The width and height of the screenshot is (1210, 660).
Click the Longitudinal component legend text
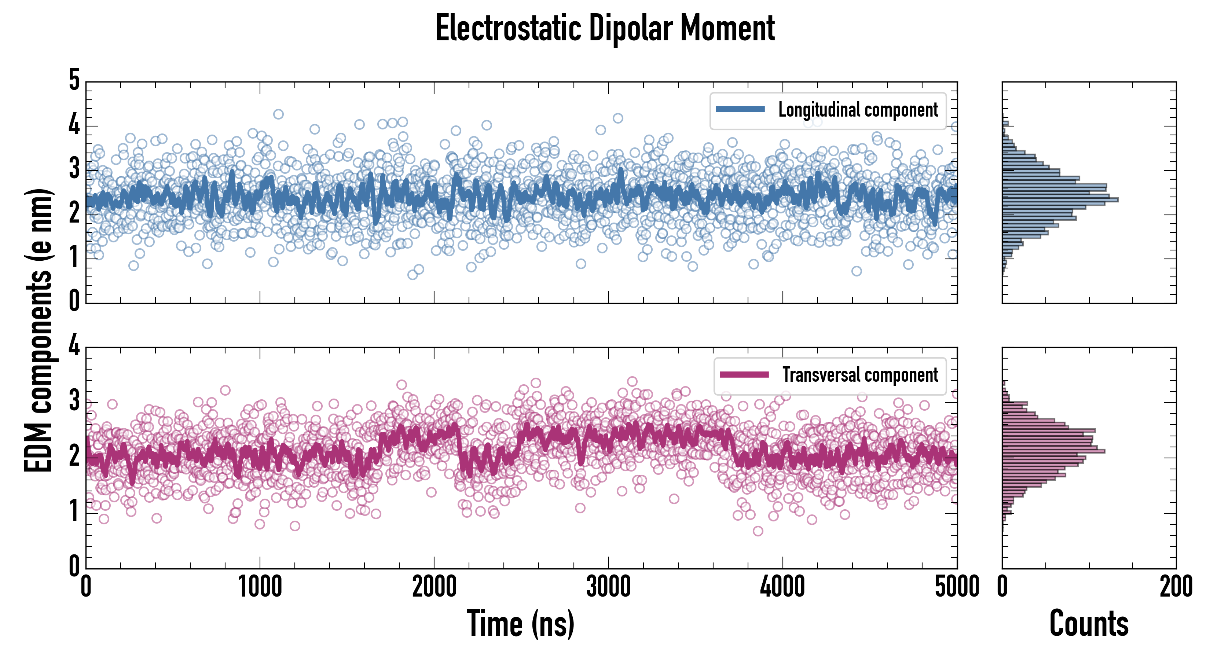pyautogui.click(x=858, y=110)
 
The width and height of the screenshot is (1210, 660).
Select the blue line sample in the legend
pyautogui.click(x=740, y=110)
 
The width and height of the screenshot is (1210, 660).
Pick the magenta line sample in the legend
pyautogui.click(x=744, y=374)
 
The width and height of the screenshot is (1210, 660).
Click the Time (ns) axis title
pyautogui.click(x=520, y=624)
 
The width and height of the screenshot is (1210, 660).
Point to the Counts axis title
pyautogui.click(x=1088, y=624)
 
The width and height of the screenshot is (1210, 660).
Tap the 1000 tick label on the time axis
pyautogui.click(x=260, y=587)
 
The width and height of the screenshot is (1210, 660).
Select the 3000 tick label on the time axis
pyautogui.click(x=608, y=587)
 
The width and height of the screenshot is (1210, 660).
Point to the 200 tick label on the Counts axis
pyautogui.click(x=1176, y=587)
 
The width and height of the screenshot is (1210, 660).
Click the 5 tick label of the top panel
pyautogui.click(x=74, y=80)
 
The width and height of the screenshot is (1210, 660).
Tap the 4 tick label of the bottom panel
pyautogui.click(x=74, y=346)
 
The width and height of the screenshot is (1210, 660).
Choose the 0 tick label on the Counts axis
pyautogui.click(x=1002, y=587)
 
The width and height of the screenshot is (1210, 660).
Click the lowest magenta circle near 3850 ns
pyautogui.click(x=758, y=531)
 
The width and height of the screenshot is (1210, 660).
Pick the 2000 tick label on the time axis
pyautogui.click(x=434, y=587)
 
